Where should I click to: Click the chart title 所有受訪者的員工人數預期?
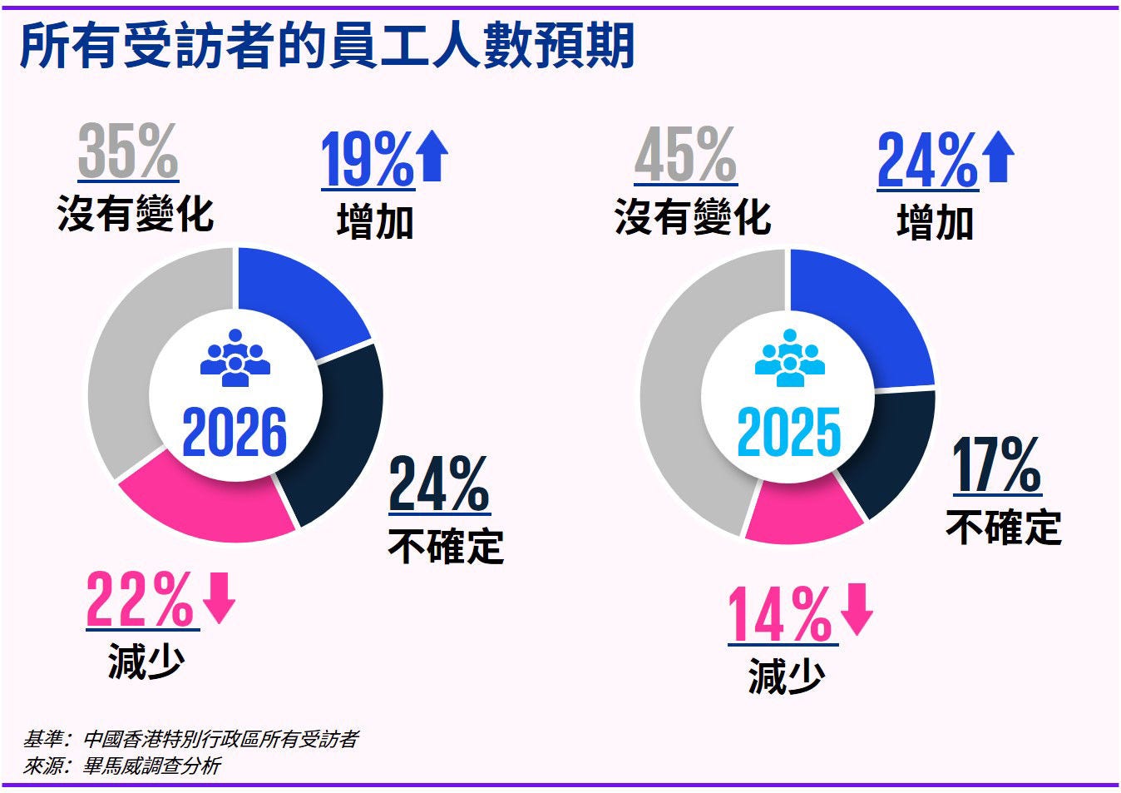pyautogui.click(x=327, y=45)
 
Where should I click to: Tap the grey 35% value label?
pyautogui.click(x=128, y=152)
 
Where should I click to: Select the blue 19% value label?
pyautogui.click(x=367, y=160)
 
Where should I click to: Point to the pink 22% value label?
pyautogui.click(x=140, y=599)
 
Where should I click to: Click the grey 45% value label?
pyautogui.click(x=685, y=156)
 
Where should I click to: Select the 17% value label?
pyautogui.click(x=996, y=466)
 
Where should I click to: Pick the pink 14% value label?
pyautogui.click(x=779, y=615)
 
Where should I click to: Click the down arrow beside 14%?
pyautogui.click(x=857, y=610)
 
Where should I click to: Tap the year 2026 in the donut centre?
pyautogui.click(x=235, y=433)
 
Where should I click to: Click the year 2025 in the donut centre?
pyautogui.click(x=789, y=433)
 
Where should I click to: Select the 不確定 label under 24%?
pyautogui.click(x=446, y=547)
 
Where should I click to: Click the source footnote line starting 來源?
pyautogui.click(x=121, y=766)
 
